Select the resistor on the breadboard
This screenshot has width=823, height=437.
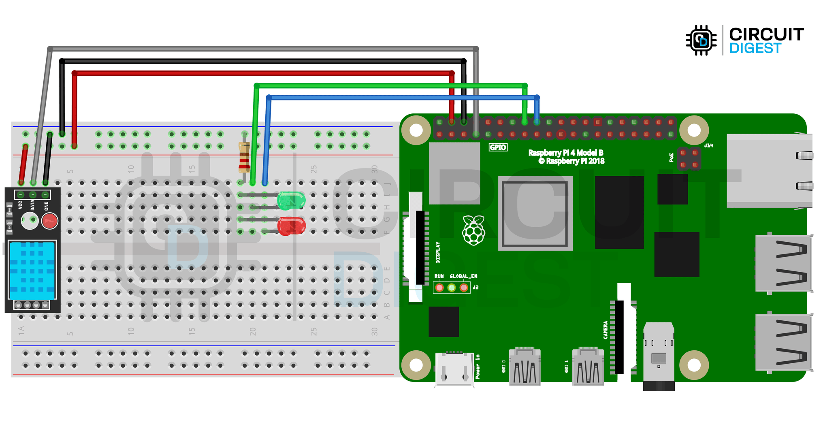tap(244, 157)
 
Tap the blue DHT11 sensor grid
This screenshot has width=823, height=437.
tap(32, 270)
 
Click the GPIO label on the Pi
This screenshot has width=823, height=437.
tap(498, 147)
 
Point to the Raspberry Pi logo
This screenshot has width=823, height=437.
tap(473, 230)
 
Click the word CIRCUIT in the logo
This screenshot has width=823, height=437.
tap(766, 34)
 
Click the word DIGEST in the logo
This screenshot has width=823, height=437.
tap(755, 49)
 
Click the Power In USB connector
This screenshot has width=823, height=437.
tap(454, 369)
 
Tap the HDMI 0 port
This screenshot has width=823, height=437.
tap(525, 367)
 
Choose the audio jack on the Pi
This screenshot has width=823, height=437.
tap(659, 356)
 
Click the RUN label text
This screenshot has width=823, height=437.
tap(439, 276)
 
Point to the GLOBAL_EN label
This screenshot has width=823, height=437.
tap(463, 276)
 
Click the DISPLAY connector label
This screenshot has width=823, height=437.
tap(437, 252)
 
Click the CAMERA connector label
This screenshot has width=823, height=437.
tap(606, 330)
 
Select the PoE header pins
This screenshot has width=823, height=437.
tap(689, 159)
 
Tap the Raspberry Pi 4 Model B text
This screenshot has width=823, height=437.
tap(566, 153)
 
